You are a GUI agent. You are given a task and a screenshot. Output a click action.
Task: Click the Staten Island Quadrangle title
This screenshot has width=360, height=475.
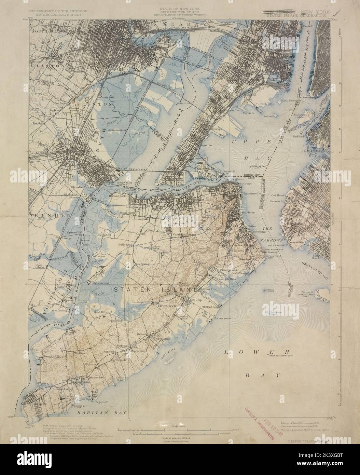point(293,14)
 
